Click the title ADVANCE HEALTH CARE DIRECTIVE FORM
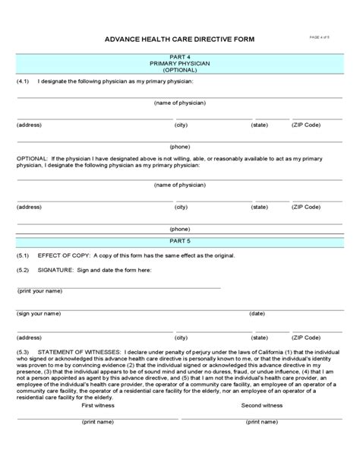point(180,39)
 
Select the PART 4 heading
point(180,55)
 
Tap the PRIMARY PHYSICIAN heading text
point(180,62)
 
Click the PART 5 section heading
point(180,240)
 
